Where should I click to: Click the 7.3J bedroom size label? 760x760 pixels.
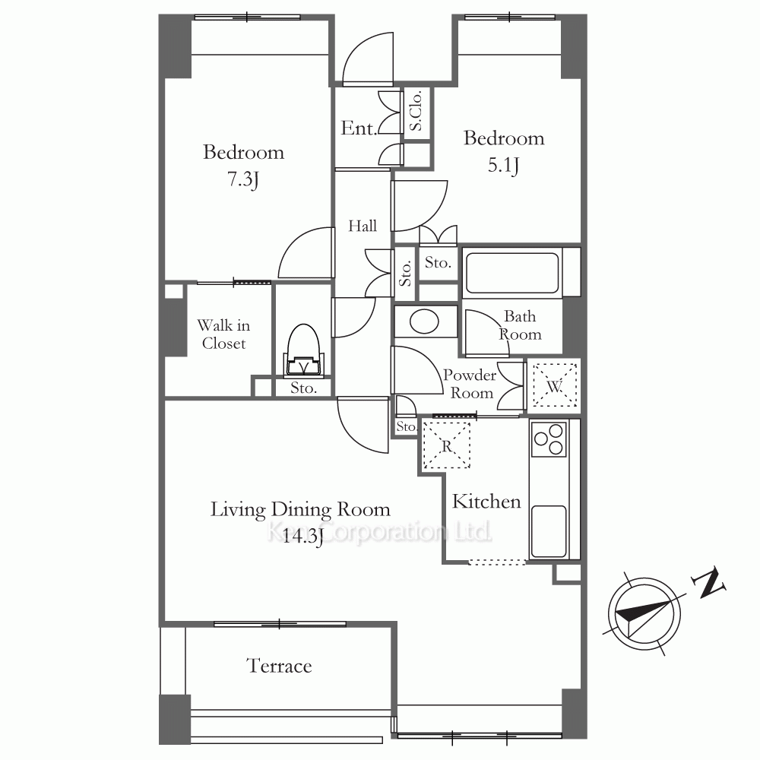pos(243,180)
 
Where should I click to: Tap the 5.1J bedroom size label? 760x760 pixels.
pos(503,165)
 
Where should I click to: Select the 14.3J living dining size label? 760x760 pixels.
pos(302,537)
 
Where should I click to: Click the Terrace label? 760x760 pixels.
pos(279,666)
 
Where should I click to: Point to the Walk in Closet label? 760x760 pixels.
pos(223,334)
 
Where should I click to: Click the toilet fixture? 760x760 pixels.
pos(303,350)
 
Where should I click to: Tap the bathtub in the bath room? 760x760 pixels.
pos(512,273)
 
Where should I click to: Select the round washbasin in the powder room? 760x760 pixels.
pos(424,321)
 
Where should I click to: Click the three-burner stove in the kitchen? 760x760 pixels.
pos(549,439)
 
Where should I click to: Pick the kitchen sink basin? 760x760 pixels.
pos(549,532)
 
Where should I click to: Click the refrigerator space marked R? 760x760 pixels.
pos(447,445)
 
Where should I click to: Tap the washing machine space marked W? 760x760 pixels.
pos(555,386)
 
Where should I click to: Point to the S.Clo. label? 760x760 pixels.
pos(416,111)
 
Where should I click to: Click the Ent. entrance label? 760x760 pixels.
pos(359,128)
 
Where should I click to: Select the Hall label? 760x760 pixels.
pos(362,226)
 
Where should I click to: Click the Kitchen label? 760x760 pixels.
pos(486,501)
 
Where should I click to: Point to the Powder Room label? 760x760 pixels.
pos(470,383)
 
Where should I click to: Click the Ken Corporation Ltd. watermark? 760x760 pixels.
pos(379,532)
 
